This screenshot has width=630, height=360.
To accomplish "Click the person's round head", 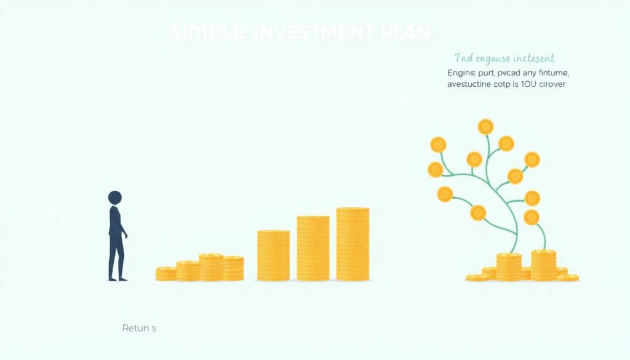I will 115,198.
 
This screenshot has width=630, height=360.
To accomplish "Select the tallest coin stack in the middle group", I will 353,244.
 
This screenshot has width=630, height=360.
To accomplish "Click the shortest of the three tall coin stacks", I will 273,255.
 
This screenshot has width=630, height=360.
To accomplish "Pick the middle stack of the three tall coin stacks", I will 313,248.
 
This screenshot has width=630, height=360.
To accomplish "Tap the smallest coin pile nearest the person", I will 165,274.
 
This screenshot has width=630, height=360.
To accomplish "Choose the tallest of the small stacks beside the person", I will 211,267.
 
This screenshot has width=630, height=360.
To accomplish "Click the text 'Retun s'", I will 139,329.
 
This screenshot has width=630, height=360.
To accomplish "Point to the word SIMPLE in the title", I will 209,32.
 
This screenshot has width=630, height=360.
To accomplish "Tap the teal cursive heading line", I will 504,58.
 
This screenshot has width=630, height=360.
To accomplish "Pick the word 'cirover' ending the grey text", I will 551,84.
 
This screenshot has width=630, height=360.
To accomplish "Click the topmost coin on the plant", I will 485,127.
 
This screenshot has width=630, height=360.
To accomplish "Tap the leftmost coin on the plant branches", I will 436,169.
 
